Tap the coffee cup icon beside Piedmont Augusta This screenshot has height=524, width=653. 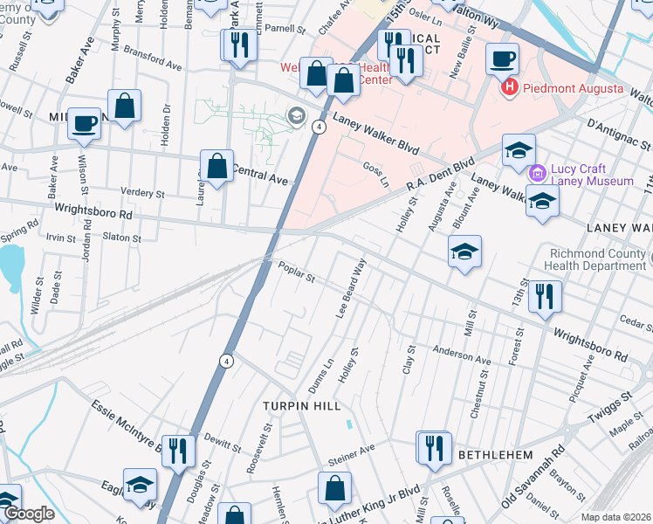(x=502, y=60)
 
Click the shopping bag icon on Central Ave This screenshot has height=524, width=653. (x=217, y=166)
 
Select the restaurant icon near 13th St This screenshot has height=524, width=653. (x=545, y=297)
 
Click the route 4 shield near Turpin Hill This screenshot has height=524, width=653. (x=226, y=360)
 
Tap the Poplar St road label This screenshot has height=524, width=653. (x=296, y=273)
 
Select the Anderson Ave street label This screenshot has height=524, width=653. (x=461, y=354)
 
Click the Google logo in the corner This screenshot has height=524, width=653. (x=28, y=514)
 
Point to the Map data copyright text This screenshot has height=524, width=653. (x=615, y=517)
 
